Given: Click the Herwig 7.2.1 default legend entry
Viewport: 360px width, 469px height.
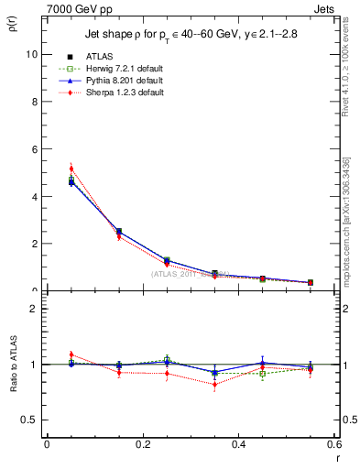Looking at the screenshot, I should pos(115,69).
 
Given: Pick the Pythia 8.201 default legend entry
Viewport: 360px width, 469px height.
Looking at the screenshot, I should pos(115,81).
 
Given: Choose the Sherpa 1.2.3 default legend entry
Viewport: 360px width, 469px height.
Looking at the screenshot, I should pos(115,93).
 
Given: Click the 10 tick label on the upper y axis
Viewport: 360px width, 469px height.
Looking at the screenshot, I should pos(30,54).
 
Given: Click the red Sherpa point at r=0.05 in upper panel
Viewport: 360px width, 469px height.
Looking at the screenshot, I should pos(71,169).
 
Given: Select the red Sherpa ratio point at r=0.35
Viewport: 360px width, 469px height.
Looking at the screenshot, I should pos(215,385).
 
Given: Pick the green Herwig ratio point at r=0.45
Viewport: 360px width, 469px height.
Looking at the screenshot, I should pos(263,374).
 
